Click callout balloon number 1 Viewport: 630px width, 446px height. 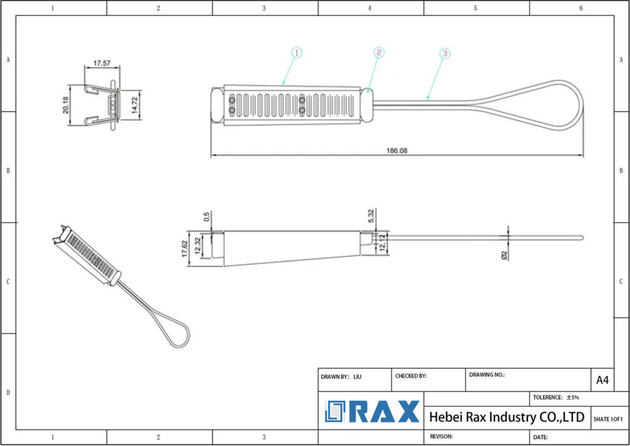pos(296,53)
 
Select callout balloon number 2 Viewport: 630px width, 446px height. pos(378,53)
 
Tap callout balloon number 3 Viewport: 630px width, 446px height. pos(445,54)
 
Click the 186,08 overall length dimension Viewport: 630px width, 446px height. pos(397,150)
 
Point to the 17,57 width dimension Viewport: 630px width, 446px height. pos(102,63)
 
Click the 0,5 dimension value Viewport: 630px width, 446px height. pos(207,217)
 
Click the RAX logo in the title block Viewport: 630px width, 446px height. pos(372,412)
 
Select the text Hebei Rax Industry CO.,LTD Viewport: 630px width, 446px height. pos(506,417)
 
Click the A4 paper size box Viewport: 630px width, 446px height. pos(602,380)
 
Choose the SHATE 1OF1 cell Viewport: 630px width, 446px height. pos(608,419)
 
